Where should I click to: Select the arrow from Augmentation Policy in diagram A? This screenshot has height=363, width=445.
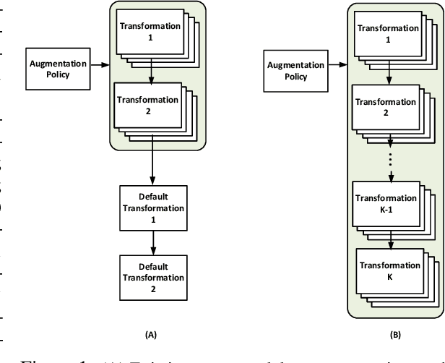pos(100,65)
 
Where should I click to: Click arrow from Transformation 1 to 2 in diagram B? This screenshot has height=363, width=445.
pos(392,73)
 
